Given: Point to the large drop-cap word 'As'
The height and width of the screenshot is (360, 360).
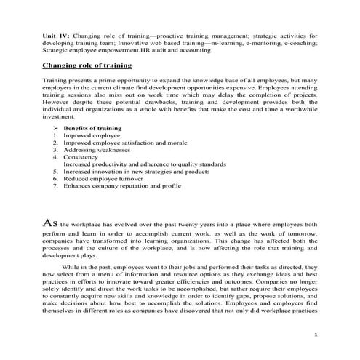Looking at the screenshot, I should click(x=49, y=205).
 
